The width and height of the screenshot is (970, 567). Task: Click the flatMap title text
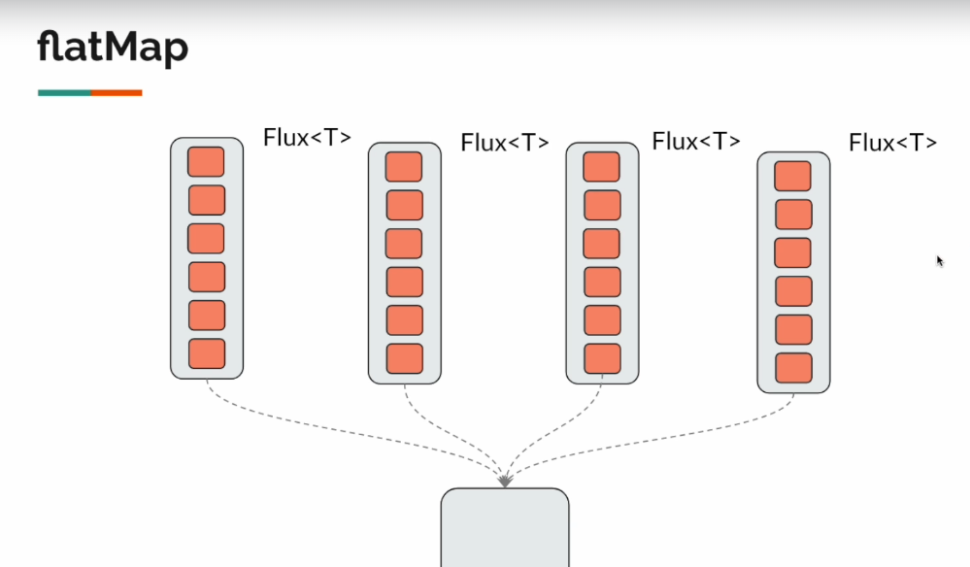(113, 48)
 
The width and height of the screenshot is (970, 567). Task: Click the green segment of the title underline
(64, 93)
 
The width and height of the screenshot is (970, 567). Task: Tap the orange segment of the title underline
(117, 93)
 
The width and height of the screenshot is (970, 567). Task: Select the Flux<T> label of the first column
(307, 138)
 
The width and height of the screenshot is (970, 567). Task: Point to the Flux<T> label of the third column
(696, 141)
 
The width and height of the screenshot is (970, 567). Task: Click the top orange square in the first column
(206, 161)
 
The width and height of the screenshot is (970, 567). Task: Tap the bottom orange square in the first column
(206, 353)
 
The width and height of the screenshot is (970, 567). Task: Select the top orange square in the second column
(404, 166)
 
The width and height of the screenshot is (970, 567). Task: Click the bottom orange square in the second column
(404, 358)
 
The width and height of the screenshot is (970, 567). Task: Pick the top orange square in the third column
(601, 166)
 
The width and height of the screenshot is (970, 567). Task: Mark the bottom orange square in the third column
(601, 358)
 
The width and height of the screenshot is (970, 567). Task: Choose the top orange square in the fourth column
(792, 176)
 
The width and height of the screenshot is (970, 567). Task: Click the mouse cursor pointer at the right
(940, 261)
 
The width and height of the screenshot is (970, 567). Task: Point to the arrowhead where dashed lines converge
(505, 479)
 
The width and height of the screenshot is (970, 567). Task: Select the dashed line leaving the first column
(291, 427)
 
